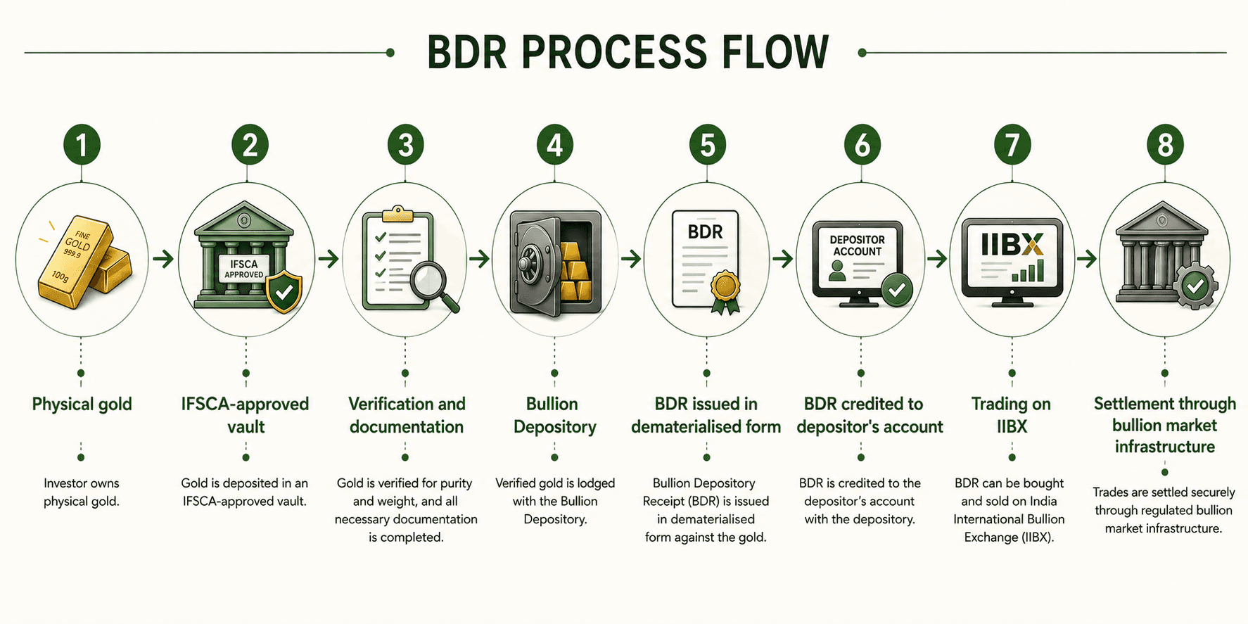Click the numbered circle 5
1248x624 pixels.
coord(707,145)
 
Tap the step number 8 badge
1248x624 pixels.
coord(1165,145)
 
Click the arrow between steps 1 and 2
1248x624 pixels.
coord(163,259)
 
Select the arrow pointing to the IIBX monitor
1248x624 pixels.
coord(936,259)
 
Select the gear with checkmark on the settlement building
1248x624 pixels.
coord(1194,286)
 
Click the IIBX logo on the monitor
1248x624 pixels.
coord(1012,244)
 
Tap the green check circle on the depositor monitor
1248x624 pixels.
coord(897,289)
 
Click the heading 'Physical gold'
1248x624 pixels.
coord(82,405)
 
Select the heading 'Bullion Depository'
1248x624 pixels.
coord(554,415)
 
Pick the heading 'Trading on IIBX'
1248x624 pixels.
coord(1012,415)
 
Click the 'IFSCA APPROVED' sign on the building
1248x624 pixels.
coord(244,269)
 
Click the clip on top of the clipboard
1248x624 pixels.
coord(397,212)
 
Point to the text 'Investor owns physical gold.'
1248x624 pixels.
coord(82,492)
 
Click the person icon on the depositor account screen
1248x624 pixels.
coord(837,271)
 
